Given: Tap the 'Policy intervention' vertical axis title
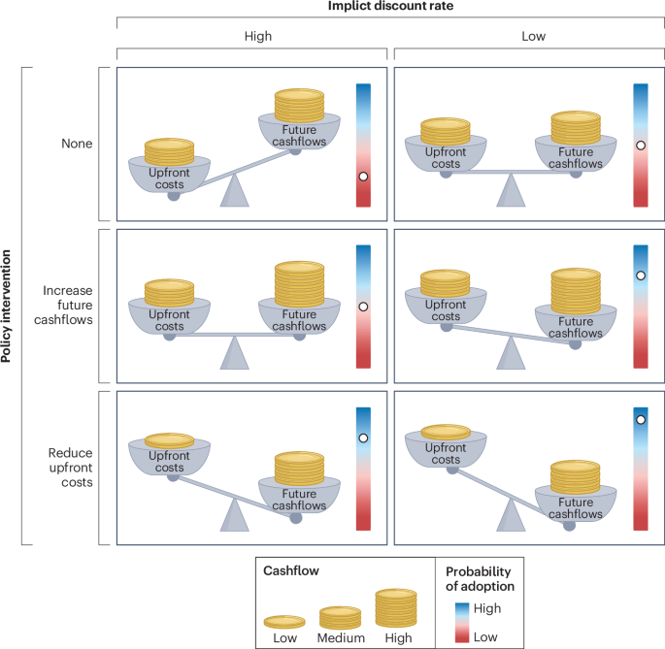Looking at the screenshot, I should point(9,307).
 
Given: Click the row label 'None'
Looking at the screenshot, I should point(76,144).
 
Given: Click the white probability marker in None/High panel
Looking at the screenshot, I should point(363,177).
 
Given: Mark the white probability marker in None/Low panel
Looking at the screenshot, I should point(641,146).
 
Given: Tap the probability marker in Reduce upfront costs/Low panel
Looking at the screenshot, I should point(641,420).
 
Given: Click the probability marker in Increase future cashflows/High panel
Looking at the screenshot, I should point(363,307).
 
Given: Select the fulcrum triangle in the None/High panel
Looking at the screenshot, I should point(234,192).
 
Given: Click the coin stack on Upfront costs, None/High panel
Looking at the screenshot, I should point(170,151).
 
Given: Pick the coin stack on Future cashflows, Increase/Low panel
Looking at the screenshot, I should point(576,289).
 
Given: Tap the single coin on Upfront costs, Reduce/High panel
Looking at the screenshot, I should point(170,440).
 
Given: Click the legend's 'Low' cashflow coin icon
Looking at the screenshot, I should point(284,621).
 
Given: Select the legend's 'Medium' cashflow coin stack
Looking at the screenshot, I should point(340,617).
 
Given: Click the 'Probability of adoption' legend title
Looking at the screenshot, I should point(479,578).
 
